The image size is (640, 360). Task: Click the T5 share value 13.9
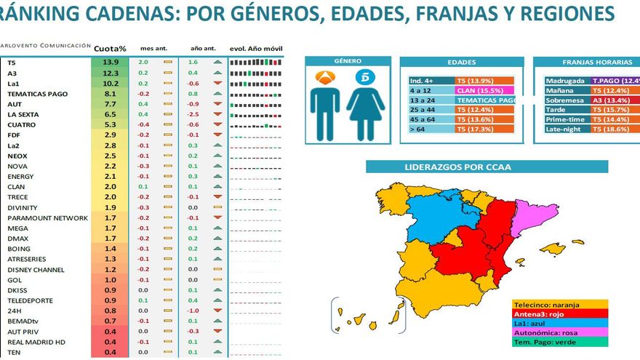111,63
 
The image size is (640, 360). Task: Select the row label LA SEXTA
23,114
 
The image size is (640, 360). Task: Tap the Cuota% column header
111,49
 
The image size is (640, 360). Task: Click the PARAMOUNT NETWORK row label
47,217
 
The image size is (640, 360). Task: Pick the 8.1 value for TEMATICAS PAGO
111,94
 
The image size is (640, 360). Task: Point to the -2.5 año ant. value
193,114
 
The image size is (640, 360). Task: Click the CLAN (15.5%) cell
485,90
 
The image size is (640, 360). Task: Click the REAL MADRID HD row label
36,342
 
